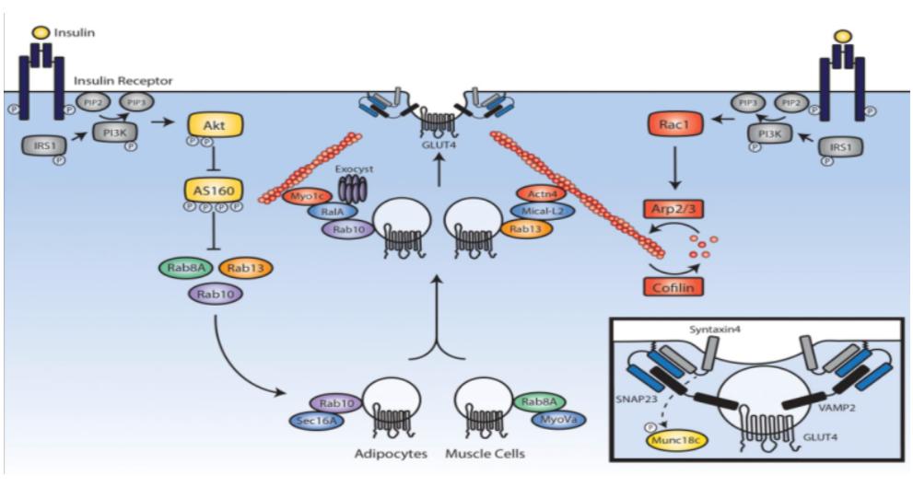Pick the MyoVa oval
point(557,420)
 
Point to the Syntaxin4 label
point(716,330)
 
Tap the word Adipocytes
point(392,454)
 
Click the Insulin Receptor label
point(135,81)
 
